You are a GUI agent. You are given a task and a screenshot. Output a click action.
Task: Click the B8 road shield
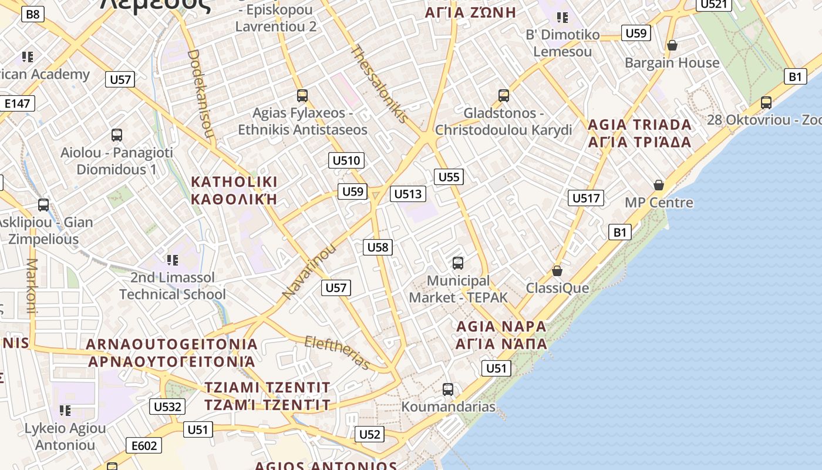[x=33, y=14]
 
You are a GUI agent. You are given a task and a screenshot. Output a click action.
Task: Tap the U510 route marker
[x=346, y=160]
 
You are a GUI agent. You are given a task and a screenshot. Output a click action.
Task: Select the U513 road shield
[x=408, y=194]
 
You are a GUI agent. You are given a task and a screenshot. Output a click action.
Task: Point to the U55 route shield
[x=449, y=177]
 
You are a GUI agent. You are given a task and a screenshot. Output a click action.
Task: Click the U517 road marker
[x=586, y=198]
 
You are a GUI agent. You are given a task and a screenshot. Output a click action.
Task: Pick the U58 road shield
[x=378, y=247]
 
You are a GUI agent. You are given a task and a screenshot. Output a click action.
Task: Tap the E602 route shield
[x=144, y=446]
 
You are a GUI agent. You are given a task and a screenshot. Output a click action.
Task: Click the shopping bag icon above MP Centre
[x=659, y=185]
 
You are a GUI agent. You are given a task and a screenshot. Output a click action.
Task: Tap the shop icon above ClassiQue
[x=557, y=271]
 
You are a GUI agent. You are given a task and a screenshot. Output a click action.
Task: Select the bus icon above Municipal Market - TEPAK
[x=458, y=263]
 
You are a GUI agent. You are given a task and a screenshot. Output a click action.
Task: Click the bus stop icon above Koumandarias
[x=448, y=390]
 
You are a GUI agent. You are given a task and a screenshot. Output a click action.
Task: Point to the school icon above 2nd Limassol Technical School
[x=172, y=260]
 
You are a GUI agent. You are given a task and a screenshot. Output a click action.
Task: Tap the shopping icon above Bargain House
[x=672, y=45]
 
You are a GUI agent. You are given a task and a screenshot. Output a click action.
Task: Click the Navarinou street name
[x=309, y=271]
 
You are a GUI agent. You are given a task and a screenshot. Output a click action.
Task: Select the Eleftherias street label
[x=337, y=352]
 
